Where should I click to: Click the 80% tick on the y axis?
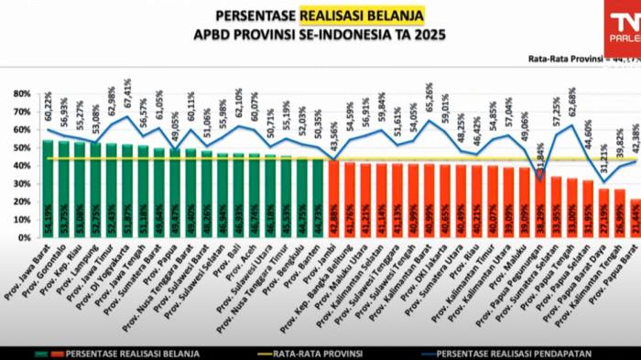(21, 94)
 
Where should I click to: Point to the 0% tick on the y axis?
(25, 237)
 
